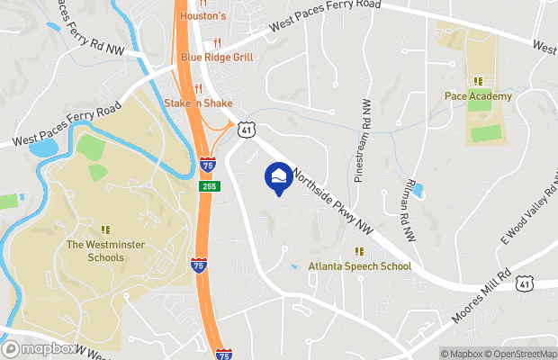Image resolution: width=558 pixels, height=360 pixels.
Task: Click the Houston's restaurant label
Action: click(205, 17)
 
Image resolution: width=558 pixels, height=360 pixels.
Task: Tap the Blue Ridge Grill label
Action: click(216, 57)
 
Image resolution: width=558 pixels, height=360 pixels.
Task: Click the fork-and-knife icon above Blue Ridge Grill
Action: click(217, 42)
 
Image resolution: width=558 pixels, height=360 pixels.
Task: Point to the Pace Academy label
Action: click(478, 96)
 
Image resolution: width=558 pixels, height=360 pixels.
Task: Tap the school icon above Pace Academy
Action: click(478, 81)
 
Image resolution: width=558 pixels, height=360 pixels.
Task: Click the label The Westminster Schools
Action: click(106, 251)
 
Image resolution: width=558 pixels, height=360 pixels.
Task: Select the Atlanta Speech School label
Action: click(360, 266)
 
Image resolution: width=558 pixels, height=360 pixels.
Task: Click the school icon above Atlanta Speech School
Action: click(360, 251)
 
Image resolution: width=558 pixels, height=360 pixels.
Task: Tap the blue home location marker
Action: click(278, 176)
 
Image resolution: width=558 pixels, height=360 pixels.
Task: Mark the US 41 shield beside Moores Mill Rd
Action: click(524, 285)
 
